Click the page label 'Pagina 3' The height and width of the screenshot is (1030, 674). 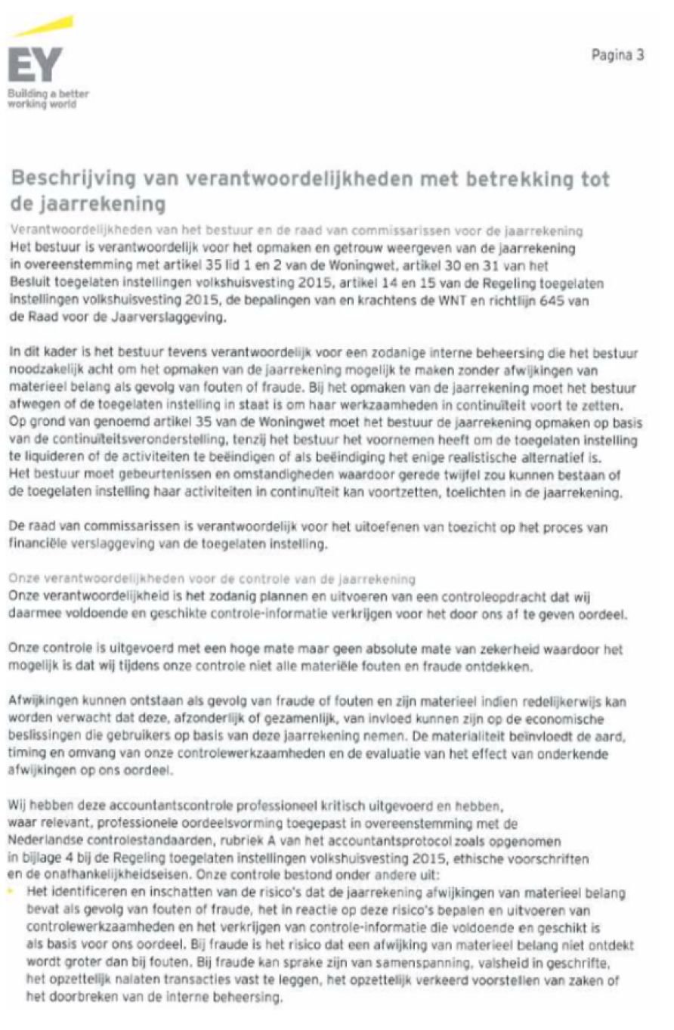coord(618,55)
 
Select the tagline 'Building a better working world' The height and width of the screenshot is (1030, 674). coord(48,98)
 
